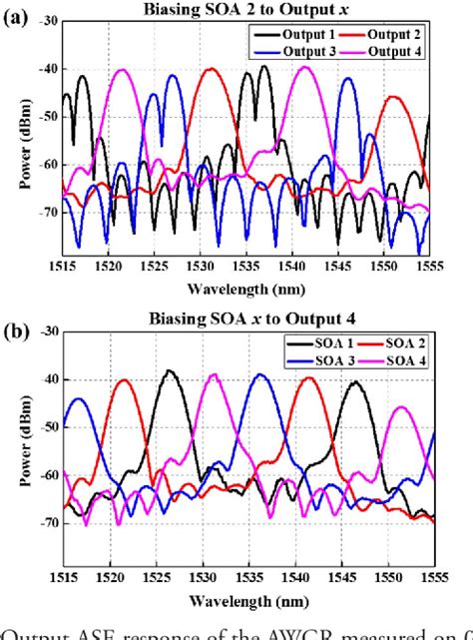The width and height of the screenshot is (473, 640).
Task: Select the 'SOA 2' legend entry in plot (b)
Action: [395, 343]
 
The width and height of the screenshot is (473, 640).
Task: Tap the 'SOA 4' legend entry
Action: [395, 358]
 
